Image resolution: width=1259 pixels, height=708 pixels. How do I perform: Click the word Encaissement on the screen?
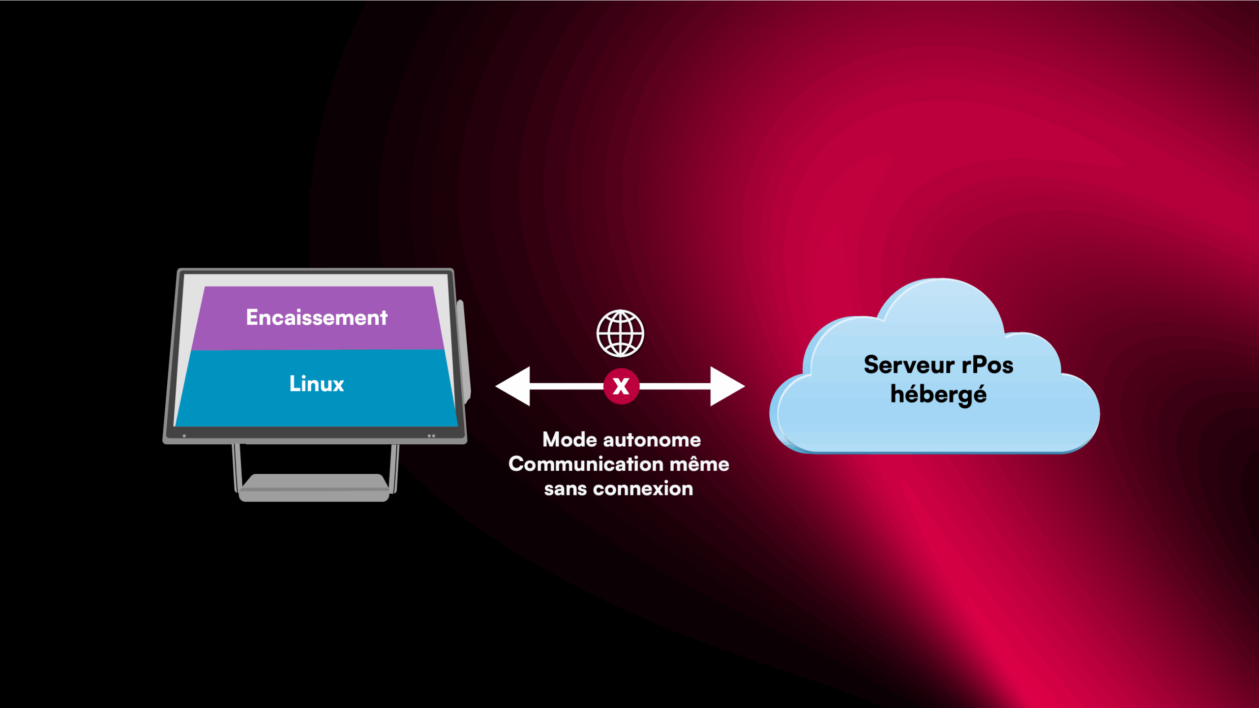click(317, 317)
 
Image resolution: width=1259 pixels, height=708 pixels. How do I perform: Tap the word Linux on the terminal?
click(317, 384)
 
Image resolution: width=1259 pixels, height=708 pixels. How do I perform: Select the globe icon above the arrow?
click(620, 333)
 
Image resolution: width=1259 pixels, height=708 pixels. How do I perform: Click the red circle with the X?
click(621, 386)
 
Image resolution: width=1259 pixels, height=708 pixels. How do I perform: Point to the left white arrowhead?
click(513, 386)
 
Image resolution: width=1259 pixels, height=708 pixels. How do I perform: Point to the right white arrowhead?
click(727, 386)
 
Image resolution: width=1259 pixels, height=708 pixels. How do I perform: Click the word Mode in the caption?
click(570, 440)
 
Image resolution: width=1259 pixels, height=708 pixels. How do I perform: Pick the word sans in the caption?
click(566, 489)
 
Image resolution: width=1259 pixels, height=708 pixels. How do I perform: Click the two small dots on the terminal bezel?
click(431, 436)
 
